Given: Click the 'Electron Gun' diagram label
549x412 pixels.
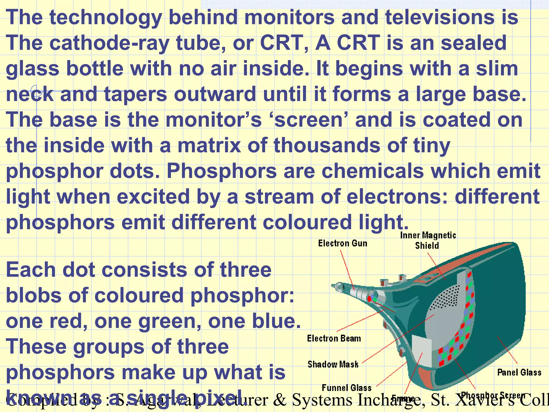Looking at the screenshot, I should pos(343,243).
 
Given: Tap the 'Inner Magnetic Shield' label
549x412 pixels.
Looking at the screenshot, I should pos(428,240).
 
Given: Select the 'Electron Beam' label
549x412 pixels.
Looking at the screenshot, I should pos(334,339).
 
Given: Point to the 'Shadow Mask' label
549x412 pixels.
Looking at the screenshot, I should pos(333,364).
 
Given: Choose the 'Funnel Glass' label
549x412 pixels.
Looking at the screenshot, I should pos(346,388).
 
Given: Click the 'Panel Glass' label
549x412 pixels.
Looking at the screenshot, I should pos(519,372).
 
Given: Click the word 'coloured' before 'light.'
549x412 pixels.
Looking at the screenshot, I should pos(307,223).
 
